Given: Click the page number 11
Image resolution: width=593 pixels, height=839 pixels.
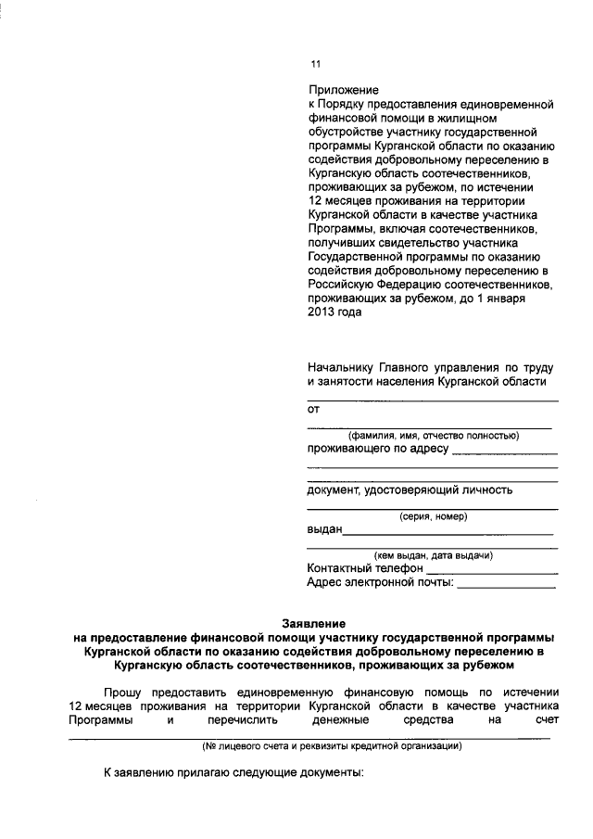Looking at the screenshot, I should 314,64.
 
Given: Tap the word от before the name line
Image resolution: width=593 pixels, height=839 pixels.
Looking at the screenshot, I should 313,409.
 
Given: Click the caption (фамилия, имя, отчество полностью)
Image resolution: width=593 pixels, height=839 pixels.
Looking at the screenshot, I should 432,436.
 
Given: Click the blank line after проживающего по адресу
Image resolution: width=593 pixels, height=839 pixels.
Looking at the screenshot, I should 505,452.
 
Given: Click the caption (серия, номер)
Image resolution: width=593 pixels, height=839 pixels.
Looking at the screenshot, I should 432,516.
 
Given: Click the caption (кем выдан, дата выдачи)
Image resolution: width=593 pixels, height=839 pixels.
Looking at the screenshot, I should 432,555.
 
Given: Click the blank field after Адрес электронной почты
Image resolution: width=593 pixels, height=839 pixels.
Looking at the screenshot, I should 507,586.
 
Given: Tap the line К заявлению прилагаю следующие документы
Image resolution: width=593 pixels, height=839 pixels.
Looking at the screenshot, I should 233,771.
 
